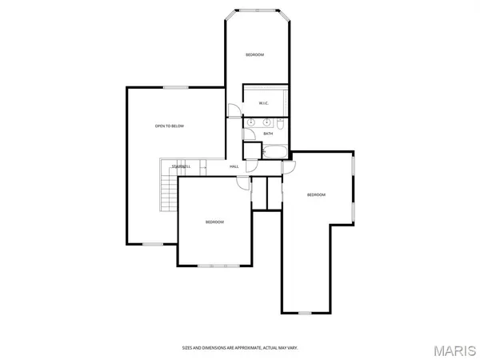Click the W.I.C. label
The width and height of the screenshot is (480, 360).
click(264, 103)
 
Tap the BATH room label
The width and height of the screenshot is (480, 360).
click(268, 134)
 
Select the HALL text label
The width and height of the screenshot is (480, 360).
click(234, 166)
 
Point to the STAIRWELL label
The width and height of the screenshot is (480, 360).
click(180, 166)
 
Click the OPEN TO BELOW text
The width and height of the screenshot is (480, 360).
click(170, 126)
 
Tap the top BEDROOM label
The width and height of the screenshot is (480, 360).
click(254, 54)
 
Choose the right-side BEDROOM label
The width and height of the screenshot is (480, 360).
click(317, 194)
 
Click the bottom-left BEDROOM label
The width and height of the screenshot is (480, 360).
click(214, 222)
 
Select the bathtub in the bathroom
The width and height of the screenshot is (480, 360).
click(272, 151)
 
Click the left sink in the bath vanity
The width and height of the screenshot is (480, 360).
click(251, 122)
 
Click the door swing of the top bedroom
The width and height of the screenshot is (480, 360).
click(233, 111)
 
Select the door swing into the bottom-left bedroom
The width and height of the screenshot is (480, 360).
click(241, 183)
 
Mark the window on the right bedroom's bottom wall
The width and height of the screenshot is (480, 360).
click(304, 312)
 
